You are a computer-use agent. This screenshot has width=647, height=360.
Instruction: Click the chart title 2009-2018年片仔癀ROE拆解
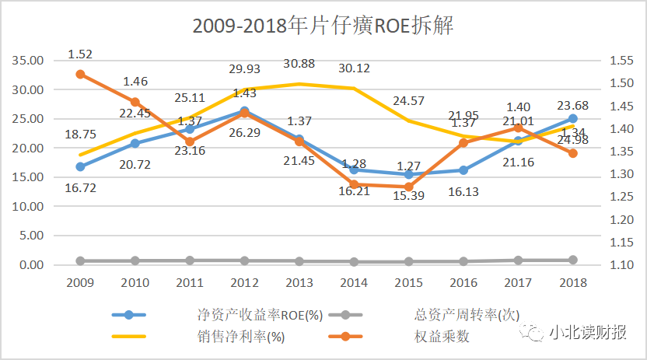click(323, 26)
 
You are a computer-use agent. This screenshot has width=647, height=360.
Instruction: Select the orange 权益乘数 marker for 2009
click(80, 74)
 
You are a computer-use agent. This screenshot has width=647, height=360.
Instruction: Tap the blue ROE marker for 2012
click(244, 111)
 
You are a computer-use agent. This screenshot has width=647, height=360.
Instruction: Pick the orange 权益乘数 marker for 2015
click(409, 187)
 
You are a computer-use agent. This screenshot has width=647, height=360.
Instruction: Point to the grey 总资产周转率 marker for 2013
click(299, 261)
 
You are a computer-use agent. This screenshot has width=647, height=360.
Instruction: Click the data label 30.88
click(299, 63)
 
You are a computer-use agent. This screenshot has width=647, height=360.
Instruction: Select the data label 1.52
click(80, 54)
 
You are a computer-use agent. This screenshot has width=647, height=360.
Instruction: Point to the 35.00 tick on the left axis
click(29, 61)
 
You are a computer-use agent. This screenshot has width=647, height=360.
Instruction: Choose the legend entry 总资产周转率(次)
click(460, 315)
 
